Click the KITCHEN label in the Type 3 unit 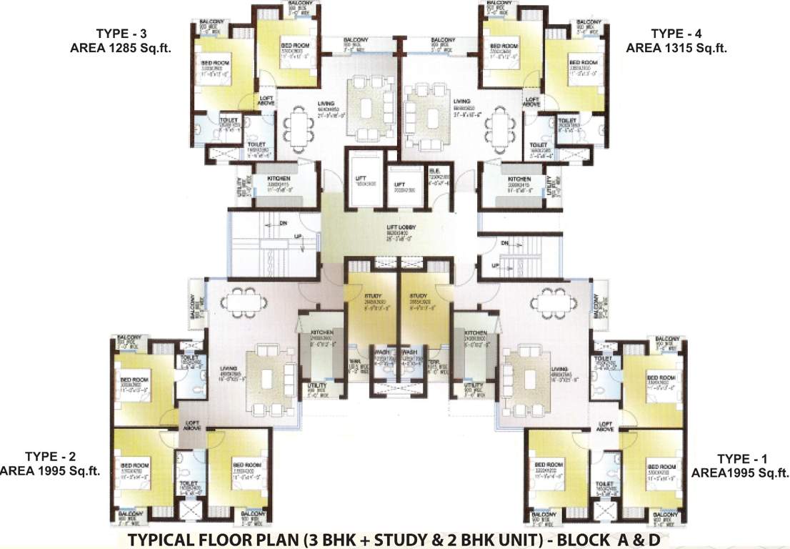[279, 178]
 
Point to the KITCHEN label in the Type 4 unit [519, 179]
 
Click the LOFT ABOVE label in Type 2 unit [192, 425]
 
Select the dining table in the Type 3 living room [295, 128]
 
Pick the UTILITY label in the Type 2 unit [316, 386]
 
